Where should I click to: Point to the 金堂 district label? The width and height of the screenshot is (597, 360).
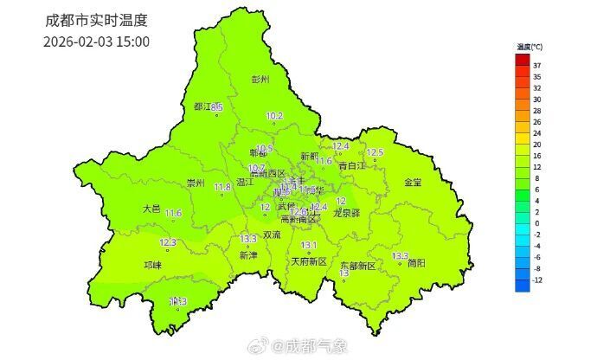pos(414,182)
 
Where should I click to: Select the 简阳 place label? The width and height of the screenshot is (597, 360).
pos(417,264)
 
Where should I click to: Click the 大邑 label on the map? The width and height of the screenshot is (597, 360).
pos(151,209)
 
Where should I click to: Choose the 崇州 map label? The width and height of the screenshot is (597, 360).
pos(196,183)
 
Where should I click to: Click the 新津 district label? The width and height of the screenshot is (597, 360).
pos(248,256)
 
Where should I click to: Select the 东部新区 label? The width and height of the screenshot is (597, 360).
pos(357,265)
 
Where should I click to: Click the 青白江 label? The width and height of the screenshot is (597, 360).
pos(350,165)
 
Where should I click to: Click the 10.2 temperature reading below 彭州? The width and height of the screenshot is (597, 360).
pos(275,115)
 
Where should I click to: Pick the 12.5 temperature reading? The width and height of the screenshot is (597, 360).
pos(375,152)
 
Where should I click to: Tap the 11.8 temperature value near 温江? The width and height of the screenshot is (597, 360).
pos(222,187)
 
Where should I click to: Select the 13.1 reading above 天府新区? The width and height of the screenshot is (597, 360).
pos(309,246)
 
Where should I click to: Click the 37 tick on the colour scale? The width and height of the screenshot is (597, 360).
pos(537,65)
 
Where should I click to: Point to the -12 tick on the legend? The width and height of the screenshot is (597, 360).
pos(537,280)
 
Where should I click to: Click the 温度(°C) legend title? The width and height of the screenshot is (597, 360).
pos(529,47)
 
